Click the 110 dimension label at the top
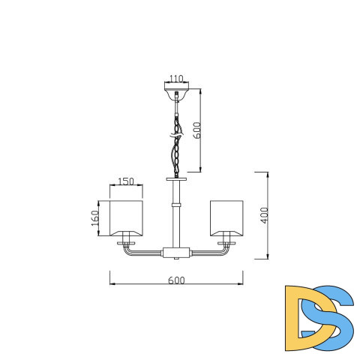coord(176,78)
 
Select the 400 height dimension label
coord(263,215)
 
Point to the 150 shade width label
coord(126,182)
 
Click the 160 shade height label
coord(95,218)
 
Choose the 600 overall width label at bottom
coord(176,280)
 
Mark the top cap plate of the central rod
coord(178,180)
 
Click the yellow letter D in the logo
coord(303,318)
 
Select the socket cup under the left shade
coord(126,242)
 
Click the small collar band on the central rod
coord(178,204)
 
